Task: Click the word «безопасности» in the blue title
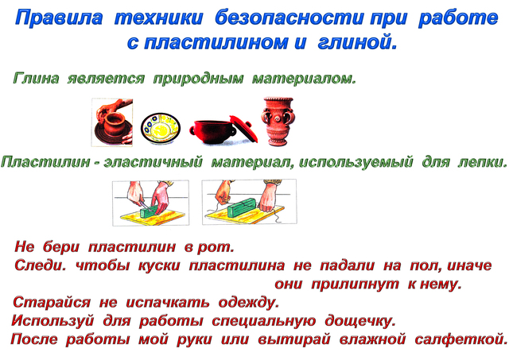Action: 289,17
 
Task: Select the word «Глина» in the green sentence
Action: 36,78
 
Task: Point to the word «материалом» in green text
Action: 304,79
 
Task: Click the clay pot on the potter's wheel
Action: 113,124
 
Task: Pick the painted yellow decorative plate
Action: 161,128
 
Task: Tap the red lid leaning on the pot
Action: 244,129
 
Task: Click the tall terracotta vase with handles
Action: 278,122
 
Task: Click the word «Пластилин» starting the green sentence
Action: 45,161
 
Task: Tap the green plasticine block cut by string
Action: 242,207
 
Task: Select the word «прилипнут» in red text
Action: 356,285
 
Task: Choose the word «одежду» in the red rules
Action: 249,302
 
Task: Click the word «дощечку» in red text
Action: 360,321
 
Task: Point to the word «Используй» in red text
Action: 52,321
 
